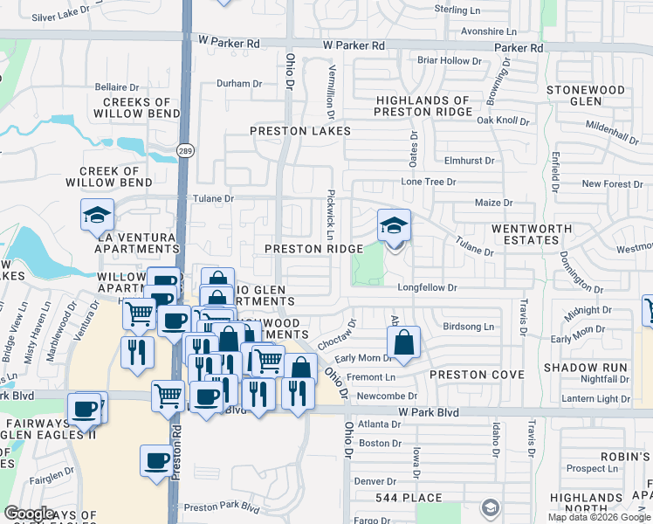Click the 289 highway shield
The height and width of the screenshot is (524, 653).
[x=185, y=150]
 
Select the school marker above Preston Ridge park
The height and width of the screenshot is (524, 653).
[x=394, y=226]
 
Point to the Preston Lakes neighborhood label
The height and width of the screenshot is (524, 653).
[x=300, y=131]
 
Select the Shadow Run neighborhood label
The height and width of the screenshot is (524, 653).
[x=585, y=368]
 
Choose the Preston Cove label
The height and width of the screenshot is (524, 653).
[x=476, y=375]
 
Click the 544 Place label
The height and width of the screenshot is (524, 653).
[x=404, y=499]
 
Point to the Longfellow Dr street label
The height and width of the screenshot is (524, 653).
[x=428, y=286]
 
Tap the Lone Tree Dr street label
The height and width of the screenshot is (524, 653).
[x=428, y=182]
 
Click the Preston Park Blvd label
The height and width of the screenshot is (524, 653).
[x=222, y=507]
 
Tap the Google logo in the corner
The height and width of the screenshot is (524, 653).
[x=29, y=514]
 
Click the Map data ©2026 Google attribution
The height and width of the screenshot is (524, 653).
[x=599, y=517]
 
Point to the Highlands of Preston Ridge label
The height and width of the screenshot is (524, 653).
[x=423, y=106]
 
